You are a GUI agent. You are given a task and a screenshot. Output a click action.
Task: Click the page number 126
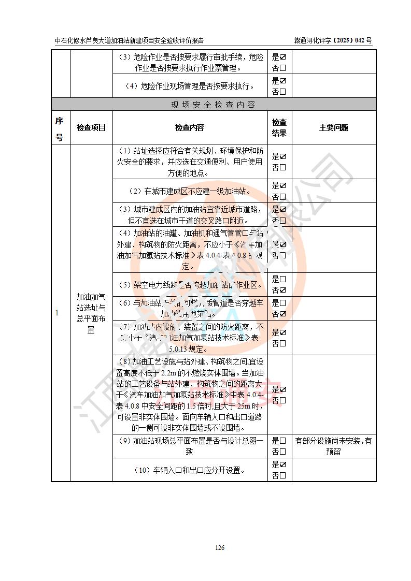(220, 548)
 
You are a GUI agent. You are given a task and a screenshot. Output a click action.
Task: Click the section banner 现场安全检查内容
(213, 105)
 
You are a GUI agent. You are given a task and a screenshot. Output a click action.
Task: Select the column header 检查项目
(91, 127)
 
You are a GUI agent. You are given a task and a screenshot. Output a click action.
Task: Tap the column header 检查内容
(190, 127)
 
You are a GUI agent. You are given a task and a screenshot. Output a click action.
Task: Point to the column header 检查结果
(279, 127)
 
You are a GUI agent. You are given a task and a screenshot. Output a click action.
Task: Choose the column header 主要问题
(334, 127)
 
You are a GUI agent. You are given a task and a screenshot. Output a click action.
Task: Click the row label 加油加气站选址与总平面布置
(91, 313)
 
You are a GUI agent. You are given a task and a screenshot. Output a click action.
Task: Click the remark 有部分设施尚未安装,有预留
(334, 446)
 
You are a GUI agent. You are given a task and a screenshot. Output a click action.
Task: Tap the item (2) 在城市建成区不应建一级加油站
(190, 191)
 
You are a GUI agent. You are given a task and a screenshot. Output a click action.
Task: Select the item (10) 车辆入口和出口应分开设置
(190, 470)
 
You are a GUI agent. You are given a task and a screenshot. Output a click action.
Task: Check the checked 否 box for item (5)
(283, 290)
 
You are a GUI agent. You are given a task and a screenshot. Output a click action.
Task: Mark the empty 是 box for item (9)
(283, 441)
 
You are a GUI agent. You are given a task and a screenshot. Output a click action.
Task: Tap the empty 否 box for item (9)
(283, 452)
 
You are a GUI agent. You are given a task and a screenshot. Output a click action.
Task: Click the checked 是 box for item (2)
(283, 185)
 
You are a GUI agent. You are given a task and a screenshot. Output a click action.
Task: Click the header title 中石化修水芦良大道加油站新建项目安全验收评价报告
(129, 40)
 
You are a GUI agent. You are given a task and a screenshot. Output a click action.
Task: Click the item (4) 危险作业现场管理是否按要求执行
(190, 86)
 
